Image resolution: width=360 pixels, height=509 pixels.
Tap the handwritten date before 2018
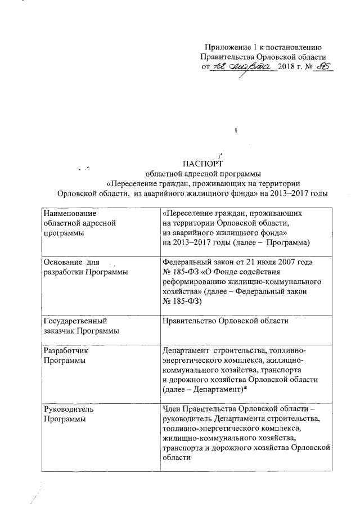pyautogui.click(x=244, y=66)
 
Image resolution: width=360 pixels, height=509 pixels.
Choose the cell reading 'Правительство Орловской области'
pyautogui.click(x=225, y=321)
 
